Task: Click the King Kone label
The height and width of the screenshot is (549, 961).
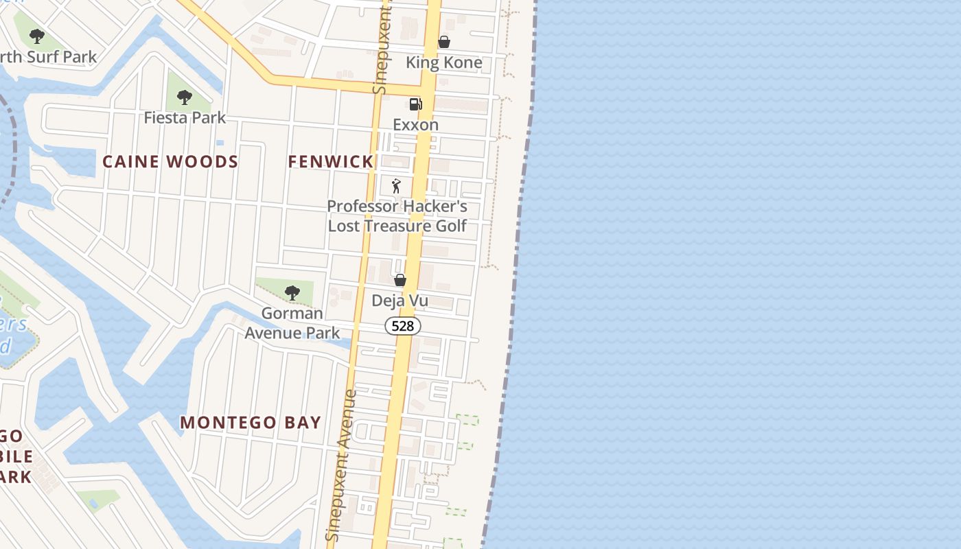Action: pyautogui.click(x=443, y=62)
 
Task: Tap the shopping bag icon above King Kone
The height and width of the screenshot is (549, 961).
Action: pyautogui.click(x=444, y=42)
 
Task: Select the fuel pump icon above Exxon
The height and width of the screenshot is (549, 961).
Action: pyautogui.click(x=415, y=104)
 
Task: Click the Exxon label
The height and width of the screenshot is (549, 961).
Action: pyautogui.click(x=415, y=125)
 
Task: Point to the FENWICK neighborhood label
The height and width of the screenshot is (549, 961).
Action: pyautogui.click(x=330, y=162)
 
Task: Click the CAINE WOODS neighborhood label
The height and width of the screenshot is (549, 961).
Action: pyautogui.click(x=170, y=162)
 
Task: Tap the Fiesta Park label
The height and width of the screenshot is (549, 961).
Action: pyautogui.click(x=185, y=118)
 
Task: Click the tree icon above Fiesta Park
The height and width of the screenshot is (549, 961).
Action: pyautogui.click(x=184, y=97)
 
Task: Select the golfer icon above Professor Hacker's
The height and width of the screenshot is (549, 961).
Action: pyautogui.click(x=396, y=186)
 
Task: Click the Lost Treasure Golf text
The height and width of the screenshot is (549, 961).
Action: pyautogui.click(x=397, y=226)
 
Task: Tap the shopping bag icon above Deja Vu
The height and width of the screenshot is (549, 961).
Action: pyautogui.click(x=400, y=280)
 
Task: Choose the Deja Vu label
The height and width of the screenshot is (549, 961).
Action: pyautogui.click(x=400, y=301)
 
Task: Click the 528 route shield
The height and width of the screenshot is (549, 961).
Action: pyautogui.click(x=402, y=326)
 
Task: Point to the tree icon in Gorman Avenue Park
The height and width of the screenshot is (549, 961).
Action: pyautogui.click(x=292, y=293)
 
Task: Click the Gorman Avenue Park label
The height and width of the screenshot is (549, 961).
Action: pyautogui.click(x=292, y=323)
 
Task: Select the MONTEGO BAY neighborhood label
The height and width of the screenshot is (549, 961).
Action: pyautogui.click(x=251, y=423)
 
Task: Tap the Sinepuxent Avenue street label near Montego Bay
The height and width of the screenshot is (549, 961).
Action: pyautogui.click(x=341, y=467)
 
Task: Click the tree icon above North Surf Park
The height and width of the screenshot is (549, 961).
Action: pyautogui.click(x=37, y=36)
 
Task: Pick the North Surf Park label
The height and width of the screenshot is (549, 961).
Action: pyautogui.click(x=48, y=57)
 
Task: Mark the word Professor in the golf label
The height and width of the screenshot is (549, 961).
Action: pyautogui.click(x=362, y=207)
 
